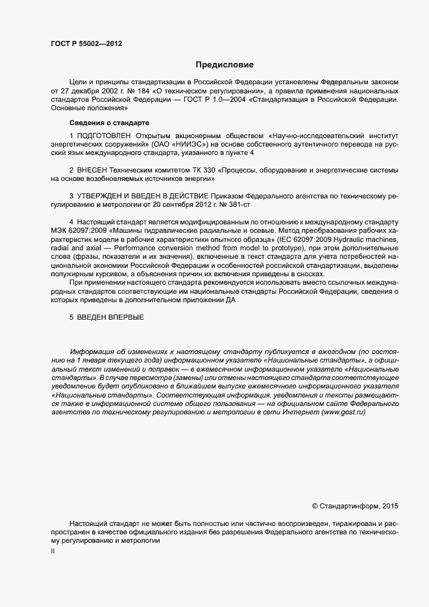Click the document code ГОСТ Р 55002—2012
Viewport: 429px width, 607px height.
pos(86,44)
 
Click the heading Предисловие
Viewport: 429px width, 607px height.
pos(225,65)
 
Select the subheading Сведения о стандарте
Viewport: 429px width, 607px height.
pos(109,123)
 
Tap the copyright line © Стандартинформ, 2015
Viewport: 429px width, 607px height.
pos(356,505)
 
